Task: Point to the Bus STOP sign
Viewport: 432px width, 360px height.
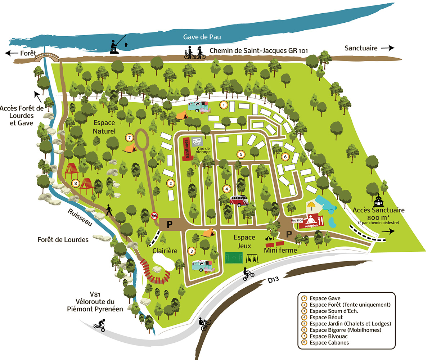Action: (297, 220)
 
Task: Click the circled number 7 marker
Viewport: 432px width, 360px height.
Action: (130, 137)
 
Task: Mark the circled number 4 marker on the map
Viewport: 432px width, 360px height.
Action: (226, 188)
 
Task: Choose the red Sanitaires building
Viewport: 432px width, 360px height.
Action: (186, 149)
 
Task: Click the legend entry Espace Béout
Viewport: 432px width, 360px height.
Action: (326, 317)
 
